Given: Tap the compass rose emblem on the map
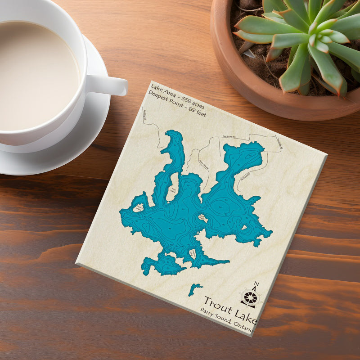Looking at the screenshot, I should pyautogui.click(x=250, y=297).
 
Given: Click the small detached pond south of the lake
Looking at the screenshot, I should pyautogui.click(x=194, y=288).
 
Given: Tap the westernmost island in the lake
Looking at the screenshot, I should pyautogui.click(x=138, y=208).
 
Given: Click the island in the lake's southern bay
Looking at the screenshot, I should pyautogui.click(x=193, y=254).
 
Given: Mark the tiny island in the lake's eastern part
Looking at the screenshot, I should pyautogui.click(x=243, y=228).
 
